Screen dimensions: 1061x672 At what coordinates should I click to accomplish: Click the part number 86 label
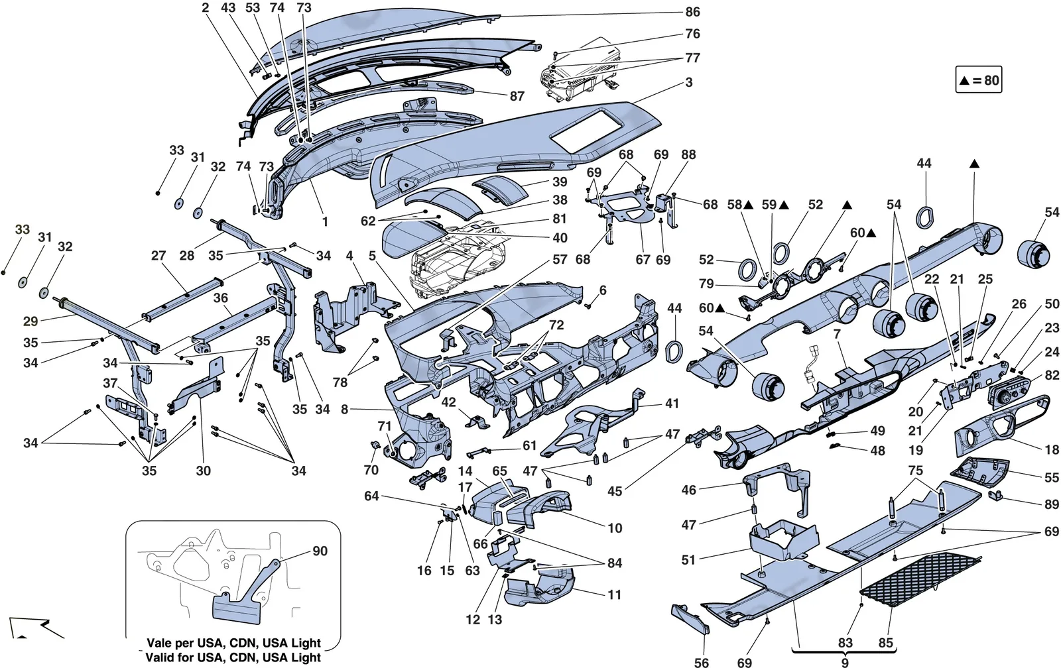tap(692, 12)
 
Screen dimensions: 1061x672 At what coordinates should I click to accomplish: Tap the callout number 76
tap(692, 34)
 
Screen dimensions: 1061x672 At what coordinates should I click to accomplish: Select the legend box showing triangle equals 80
tap(978, 80)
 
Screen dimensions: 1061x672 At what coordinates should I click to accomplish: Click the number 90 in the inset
tap(320, 551)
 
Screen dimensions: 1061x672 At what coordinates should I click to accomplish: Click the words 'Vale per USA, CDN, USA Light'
tap(233, 643)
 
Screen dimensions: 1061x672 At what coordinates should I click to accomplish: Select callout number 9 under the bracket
tap(845, 663)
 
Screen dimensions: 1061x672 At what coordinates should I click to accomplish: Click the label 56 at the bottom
tap(702, 663)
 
